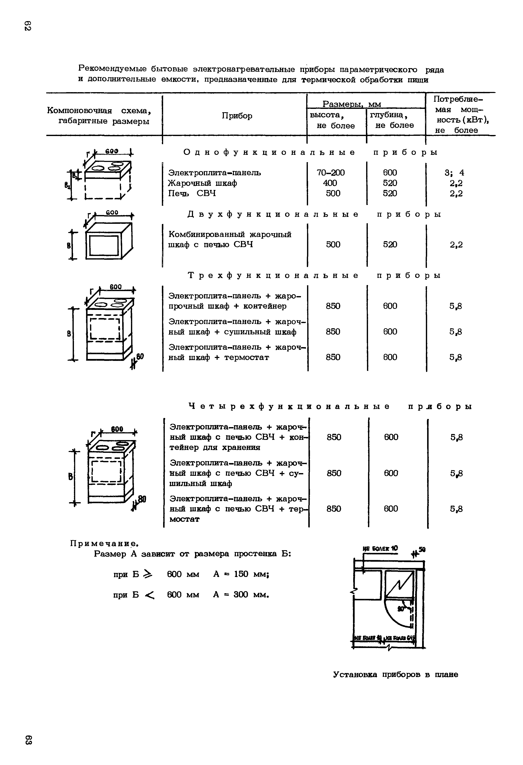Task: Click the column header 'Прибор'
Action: point(237,116)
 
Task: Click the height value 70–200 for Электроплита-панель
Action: point(331,172)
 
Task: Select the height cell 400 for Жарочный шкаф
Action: point(330,183)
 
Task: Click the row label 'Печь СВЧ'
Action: point(192,193)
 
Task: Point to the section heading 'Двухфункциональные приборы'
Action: point(314,214)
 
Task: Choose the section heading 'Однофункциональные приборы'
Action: point(311,152)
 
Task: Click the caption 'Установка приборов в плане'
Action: point(396,675)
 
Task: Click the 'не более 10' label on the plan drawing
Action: point(380,548)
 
